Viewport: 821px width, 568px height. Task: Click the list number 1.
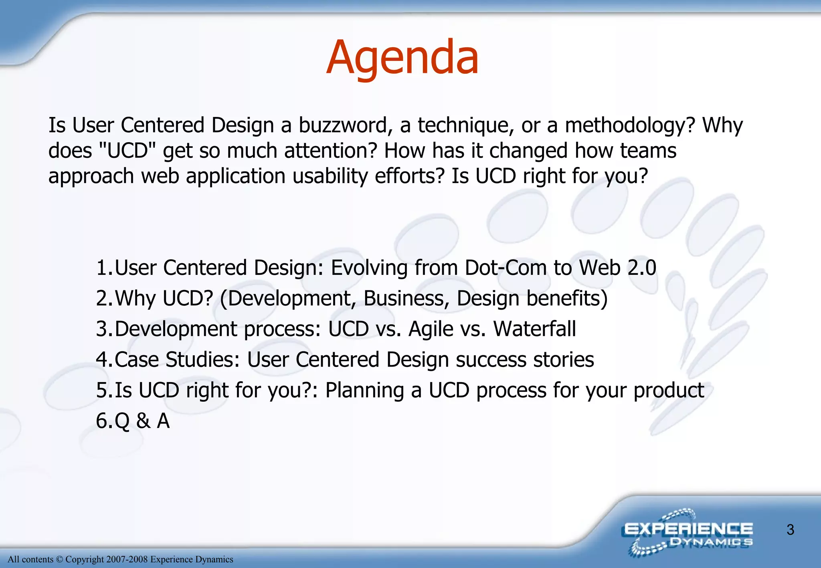[x=103, y=268]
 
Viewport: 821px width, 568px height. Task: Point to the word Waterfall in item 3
[x=534, y=329]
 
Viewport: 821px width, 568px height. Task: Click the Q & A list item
[x=142, y=421]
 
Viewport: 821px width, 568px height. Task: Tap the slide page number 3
[x=790, y=530]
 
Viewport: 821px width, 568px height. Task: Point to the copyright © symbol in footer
[x=59, y=560]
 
